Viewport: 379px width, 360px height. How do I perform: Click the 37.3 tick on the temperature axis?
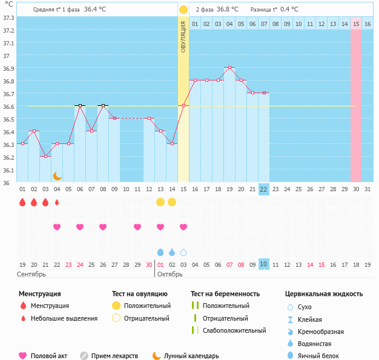pos(8,18)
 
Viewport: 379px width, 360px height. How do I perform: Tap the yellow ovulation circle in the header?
pos(183,10)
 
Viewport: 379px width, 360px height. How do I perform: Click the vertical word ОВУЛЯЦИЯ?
pos(183,36)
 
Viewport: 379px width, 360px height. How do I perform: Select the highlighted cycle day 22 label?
pos(263,189)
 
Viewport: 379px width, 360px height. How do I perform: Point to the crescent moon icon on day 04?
pos(57,175)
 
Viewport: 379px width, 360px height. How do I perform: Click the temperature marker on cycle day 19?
pos(229,68)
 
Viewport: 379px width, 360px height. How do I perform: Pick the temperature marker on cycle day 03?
pos(45,156)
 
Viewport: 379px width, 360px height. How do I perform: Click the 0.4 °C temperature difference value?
pos(291,10)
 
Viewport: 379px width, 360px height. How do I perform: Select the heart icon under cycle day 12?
pos(137,227)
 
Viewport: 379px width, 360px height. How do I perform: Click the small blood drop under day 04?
pos(57,202)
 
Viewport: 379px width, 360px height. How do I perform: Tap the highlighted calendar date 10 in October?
pos(263,264)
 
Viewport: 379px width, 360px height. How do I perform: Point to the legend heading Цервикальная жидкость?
pos(324,294)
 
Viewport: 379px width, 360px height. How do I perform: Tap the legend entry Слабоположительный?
pos(234,330)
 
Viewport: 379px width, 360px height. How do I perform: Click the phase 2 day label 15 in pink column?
pos(356,24)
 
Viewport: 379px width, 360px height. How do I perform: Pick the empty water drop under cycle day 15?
pos(183,252)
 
